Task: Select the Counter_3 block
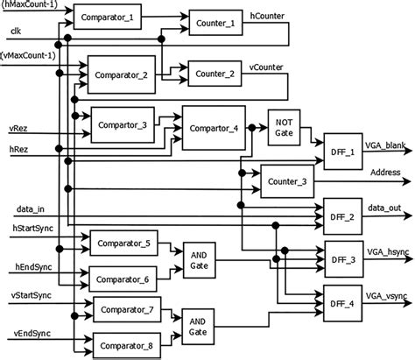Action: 288,180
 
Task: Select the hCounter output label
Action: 266,17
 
